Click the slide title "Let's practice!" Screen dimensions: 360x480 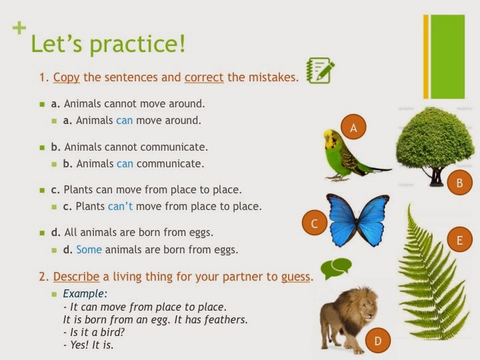tap(109, 45)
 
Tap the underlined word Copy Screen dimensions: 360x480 tap(67, 77)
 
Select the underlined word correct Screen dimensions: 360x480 tap(203, 77)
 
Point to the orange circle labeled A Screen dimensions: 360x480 tap(353, 126)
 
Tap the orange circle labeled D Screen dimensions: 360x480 tap(378, 342)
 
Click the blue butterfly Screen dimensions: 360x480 tap(357, 220)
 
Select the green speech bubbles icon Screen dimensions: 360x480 tap(335, 268)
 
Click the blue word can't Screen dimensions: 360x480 tap(120, 206)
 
